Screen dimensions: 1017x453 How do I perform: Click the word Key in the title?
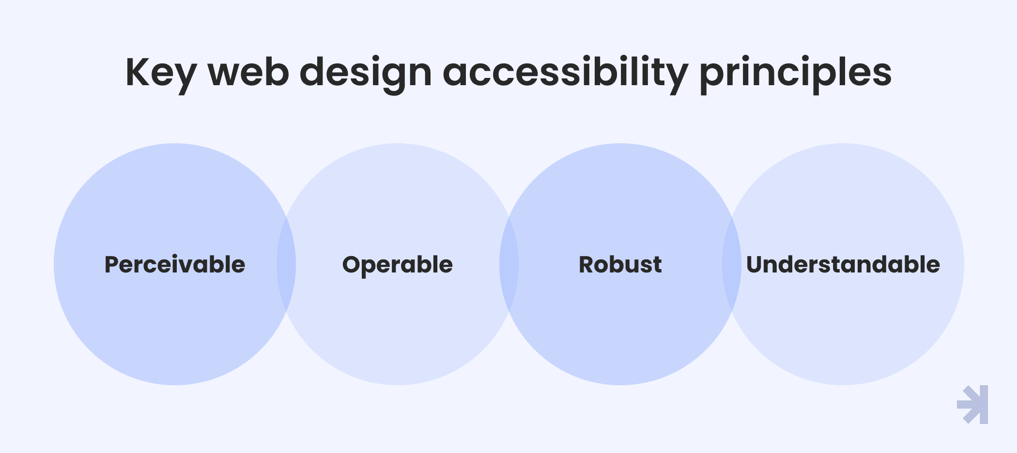tap(161, 74)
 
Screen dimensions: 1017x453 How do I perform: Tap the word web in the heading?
tap(248, 73)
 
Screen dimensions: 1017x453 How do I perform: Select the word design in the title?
tap(366, 74)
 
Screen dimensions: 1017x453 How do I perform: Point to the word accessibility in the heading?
tap(565, 74)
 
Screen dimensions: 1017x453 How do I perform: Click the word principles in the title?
tap(796, 74)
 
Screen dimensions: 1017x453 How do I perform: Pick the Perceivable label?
tap(175, 264)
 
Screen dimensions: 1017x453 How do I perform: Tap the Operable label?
tap(398, 265)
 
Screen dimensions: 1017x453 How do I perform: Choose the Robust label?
tap(620, 264)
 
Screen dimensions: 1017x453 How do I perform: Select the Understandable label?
tap(843, 264)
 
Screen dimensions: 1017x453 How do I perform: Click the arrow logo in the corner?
tap(973, 405)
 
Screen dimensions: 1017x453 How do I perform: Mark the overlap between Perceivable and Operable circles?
tap(286, 264)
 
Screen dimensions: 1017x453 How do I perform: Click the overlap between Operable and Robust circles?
tap(509, 264)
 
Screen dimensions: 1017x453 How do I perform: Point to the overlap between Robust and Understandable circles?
tap(732, 264)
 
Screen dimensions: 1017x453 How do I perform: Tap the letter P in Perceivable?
tap(112, 265)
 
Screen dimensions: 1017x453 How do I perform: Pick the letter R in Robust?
tap(587, 265)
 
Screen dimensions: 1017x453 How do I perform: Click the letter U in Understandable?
tap(755, 265)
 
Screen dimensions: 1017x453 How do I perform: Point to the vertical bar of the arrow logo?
tap(984, 405)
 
